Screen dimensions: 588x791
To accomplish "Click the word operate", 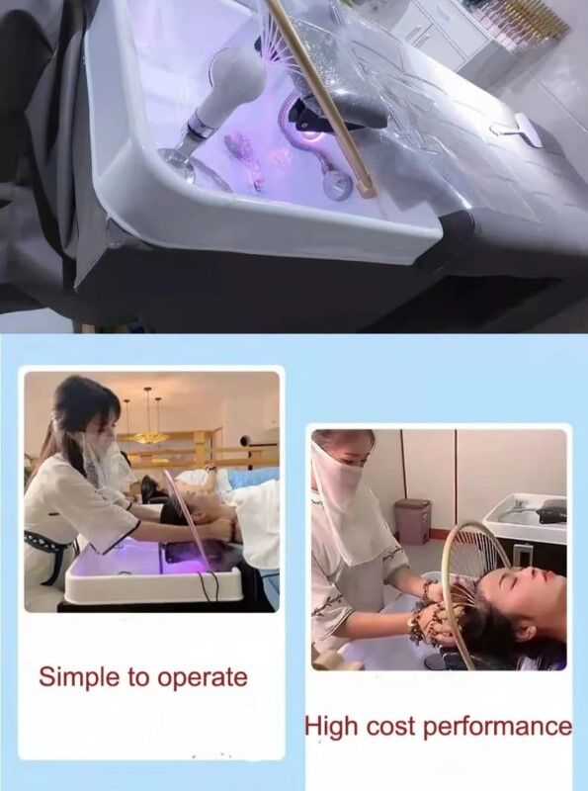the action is [203, 678].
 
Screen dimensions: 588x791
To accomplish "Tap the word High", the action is [332, 728].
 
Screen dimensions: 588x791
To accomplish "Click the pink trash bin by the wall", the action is [412, 521].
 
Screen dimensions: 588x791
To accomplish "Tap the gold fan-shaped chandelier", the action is [147, 437].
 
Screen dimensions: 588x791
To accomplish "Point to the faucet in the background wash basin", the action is [518, 505].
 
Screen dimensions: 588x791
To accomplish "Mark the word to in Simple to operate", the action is [138, 678].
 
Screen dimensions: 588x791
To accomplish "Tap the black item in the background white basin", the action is [551, 512].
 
